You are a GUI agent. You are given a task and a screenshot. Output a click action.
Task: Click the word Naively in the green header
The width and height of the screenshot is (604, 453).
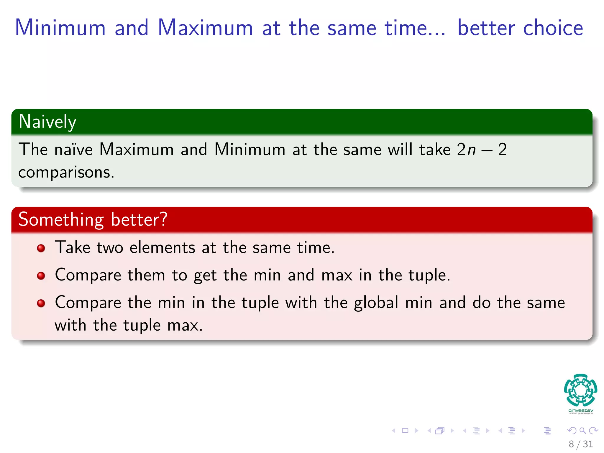(47, 122)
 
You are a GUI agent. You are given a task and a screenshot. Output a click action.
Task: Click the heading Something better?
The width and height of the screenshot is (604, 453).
(93, 220)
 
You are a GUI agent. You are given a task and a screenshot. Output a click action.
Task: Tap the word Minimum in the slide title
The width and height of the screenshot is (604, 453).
(60, 28)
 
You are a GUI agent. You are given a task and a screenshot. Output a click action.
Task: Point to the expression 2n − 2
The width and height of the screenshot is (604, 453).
(482, 149)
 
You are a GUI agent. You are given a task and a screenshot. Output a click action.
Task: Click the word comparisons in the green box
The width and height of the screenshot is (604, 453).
(66, 173)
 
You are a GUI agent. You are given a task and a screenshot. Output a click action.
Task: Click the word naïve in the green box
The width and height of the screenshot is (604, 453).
(73, 149)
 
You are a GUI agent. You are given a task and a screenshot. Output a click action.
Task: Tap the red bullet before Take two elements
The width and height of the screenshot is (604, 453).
(41, 248)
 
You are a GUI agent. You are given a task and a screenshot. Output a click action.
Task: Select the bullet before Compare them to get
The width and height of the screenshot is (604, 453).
(41, 276)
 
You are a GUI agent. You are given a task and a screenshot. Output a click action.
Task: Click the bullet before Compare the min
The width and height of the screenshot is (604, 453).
(41, 303)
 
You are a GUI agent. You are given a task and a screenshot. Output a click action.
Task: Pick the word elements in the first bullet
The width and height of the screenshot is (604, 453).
(162, 247)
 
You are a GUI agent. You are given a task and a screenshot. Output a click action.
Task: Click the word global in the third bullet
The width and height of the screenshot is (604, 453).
(376, 303)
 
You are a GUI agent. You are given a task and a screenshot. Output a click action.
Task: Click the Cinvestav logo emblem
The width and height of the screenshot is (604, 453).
(580, 390)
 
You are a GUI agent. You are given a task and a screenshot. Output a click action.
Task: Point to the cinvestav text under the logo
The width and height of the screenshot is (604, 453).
(580, 411)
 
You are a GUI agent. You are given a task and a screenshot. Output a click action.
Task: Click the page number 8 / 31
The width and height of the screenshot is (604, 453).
(580, 444)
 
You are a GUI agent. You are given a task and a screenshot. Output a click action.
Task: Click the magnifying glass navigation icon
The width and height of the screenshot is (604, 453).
(582, 431)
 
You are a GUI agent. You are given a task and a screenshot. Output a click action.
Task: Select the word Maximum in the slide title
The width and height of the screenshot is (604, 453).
(205, 28)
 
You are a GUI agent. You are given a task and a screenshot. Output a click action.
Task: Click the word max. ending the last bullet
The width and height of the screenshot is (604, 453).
(185, 326)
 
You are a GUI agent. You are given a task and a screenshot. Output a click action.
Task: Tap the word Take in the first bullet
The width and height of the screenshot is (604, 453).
(73, 247)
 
